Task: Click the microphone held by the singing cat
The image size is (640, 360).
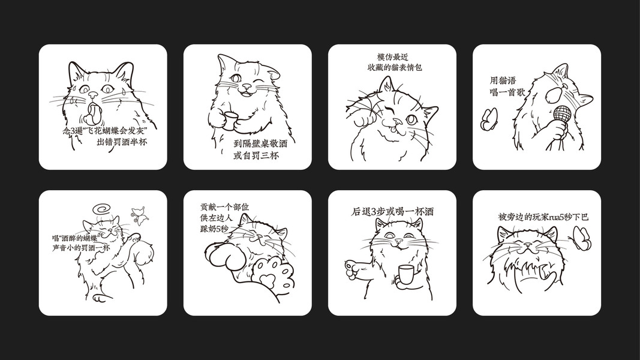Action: (560, 118)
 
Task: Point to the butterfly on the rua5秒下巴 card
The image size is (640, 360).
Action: (582, 238)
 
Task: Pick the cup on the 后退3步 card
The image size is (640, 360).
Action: (405, 274)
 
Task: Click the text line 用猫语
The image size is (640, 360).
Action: (503, 80)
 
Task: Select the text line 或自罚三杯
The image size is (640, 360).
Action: (256, 155)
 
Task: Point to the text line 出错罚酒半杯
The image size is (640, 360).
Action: (122, 142)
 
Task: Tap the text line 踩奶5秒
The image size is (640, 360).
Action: (214, 229)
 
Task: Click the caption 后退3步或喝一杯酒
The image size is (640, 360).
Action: (392, 212)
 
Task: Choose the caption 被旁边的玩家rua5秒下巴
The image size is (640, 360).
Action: (543, 217)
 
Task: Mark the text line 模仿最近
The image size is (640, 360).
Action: (393, 57)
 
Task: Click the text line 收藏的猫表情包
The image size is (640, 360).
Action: (394, 67)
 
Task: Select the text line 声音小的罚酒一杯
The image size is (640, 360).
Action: (81, 247)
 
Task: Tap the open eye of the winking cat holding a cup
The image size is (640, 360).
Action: (236, 78)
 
